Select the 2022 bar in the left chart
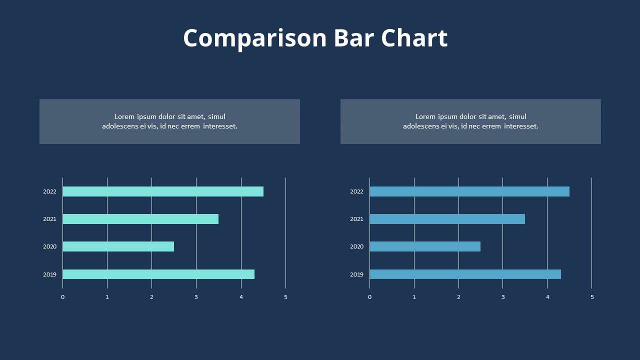pos(163,191)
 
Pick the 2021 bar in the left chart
pos(140,219)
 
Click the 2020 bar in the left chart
pos(118,246)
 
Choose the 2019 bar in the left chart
pos(158,274)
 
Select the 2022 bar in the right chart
pos(469,191)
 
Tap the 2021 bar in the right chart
pos(447,219)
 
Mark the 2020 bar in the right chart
pos(425,246)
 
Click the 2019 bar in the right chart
pos(465,274)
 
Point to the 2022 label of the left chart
pos(49,191)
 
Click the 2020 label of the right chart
pos(356,246)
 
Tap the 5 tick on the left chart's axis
pos(285,297)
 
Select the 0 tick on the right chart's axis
pos(369,297)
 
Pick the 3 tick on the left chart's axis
pos(196,297)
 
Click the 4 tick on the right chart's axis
pos(547,297)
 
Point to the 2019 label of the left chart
pos(49,274)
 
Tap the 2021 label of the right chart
pos(356,219)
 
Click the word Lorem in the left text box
pos(124,117)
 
